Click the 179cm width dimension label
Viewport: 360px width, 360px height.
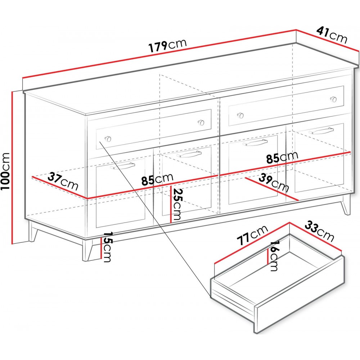[168, 45]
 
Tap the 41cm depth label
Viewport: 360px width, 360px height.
[332, 35]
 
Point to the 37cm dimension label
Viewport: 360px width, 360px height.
[63, 181]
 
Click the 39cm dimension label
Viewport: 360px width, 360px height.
[274, 183]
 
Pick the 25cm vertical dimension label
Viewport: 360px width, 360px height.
[177, 204]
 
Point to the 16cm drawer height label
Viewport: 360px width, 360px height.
[274, 256]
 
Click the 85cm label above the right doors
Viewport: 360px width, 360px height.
[282, 157]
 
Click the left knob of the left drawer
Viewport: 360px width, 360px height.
[107, 139]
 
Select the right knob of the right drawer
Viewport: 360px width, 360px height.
[333, 99]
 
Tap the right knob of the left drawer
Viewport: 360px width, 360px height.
[201, 122]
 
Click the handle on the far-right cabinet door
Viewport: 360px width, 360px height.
[321, 131]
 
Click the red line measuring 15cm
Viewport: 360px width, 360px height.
[101, 248]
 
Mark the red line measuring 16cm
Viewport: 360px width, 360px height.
[268, 256]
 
